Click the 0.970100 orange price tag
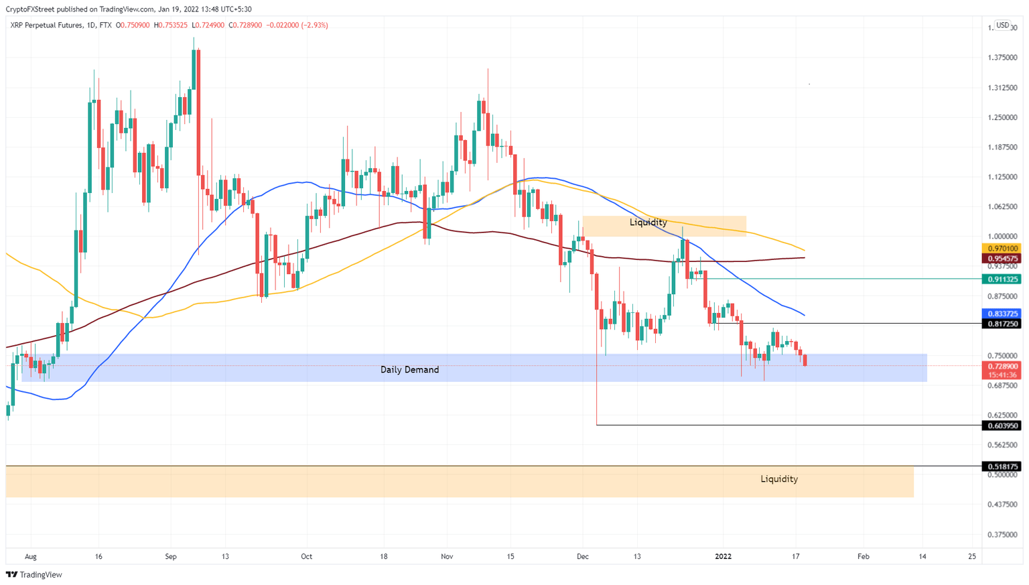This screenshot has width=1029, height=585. pyautogui.click(x=1002, y=249)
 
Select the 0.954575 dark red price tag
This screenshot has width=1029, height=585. pyautogui.click(x=1002, y=258)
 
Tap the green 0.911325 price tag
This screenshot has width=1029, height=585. pyautogui.click(x=1002, y=279)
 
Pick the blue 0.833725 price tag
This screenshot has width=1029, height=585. pyautogui.click(x=1002, y=314)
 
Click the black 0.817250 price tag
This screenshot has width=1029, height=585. pyautogui.click(x=1002, y=324)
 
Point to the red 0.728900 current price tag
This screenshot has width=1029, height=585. pyautogui.click(x=1002, y=367)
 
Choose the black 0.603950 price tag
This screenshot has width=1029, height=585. pyautogui.click(x=1002, y=426)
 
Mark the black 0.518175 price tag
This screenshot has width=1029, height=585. pyautogui.click(x=1002, y=466)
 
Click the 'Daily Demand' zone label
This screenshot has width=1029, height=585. pyautogui.click(x=409, y=370)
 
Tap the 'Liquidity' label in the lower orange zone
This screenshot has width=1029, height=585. pyautogui.click(x=778, y=479)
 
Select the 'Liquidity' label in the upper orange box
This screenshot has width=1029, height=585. pyautogui.click(x=648, y=222)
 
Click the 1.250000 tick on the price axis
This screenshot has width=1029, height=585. pyautogui.click(x=1002, y=117)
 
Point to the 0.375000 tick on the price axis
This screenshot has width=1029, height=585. pyautogui.click(x=1002, y=535)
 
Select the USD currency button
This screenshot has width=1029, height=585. pyautogui.click(x=1002, y=25)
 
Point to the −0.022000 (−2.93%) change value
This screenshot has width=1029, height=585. pyautogui.click(x=297, y=25)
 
